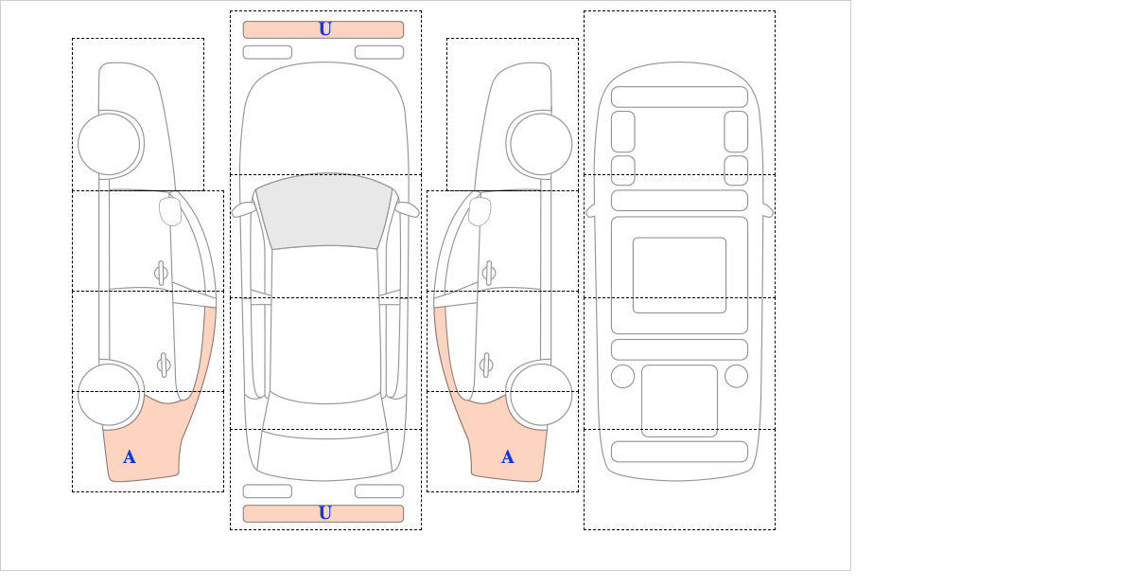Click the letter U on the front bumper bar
(325, 29)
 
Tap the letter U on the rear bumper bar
(325, 513)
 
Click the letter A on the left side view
(130, 457)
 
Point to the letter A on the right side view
(508, 457)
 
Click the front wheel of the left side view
(109, 145)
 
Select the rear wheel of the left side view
(109, 394)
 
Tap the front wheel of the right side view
(541, 145)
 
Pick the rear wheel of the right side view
(541, 394)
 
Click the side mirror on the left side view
(170, 211)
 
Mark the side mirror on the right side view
(480, 211)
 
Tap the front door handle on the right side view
(489, 273)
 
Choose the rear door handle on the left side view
(164, 365)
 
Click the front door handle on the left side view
(161, 273)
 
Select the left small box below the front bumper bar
(268, 52)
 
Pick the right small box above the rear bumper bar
(379, 491)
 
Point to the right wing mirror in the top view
(407, 209)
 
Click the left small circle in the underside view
(622, 377)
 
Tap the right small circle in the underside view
(736, 377)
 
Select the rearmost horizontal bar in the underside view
(679, 452)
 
